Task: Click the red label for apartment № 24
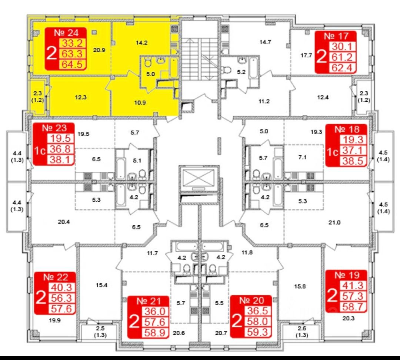click(x=66, y=49)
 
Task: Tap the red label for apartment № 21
click(x=149, y=317)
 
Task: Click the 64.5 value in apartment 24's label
click(x=74, y=65)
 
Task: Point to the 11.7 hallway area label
click(x=152, y=253)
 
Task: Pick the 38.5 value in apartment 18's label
click(x=354, y=161)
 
